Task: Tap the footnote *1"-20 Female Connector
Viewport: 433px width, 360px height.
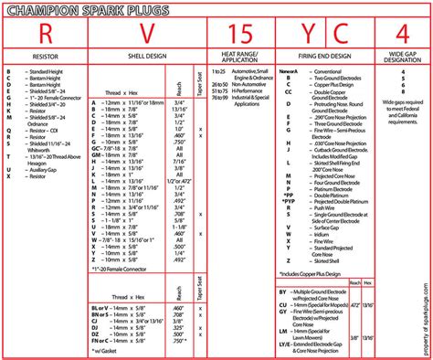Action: point(123,270)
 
